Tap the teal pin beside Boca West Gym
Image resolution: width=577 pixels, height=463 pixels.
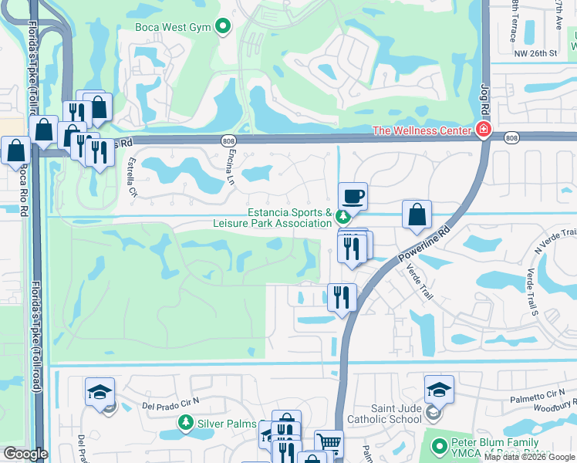click(x=224, y=28)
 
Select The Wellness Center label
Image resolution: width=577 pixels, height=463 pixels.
click(x=421, y=130)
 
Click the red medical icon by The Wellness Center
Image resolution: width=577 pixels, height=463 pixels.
click(x=483, y=130)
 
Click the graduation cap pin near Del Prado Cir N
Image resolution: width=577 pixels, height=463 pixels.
click(x=100, y=392)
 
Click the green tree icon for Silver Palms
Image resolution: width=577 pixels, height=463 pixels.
click(x=185, y=423)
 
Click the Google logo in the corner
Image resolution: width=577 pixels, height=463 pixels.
click(x=25, y=454)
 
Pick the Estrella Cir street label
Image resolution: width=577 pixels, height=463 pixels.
click(x=132, y=177)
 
